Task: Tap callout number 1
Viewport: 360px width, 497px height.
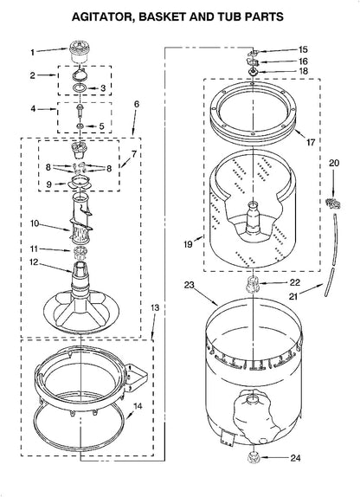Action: [32, 52]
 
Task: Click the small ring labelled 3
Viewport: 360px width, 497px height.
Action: [80, 88]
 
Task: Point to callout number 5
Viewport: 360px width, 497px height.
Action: [101, 126]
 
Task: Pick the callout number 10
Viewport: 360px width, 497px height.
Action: [35, 223]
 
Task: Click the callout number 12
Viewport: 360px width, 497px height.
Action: [34, 262]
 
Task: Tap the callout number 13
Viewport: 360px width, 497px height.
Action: [155, 307]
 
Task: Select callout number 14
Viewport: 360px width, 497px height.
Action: [138, 406]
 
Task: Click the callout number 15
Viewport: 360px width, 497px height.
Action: [303, 49]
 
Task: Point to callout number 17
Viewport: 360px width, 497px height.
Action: [311, 142]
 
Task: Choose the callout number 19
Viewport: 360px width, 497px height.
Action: [188, 244]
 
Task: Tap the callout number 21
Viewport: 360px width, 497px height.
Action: [293, 296]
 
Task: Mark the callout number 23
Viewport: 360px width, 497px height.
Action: [190, 285]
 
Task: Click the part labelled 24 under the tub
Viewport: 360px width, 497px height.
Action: [253, 458]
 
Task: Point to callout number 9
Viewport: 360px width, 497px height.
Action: [48, 184]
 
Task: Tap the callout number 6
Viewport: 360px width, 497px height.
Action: [136, 104]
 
